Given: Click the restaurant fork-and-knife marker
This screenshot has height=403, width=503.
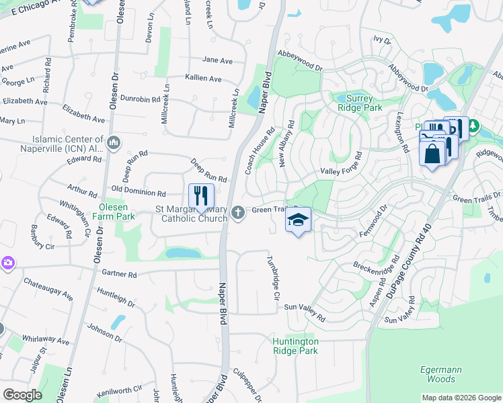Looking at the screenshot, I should tap(201, 197).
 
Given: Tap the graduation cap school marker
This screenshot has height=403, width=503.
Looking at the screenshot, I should tap(299, 220).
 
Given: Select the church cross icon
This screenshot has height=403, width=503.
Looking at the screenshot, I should tap(237, 214).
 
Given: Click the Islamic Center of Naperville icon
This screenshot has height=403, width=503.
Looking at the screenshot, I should tap(113, 142).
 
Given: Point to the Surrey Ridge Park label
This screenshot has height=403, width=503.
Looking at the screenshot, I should tap(358, 103).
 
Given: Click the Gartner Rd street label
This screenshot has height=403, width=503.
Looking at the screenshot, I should tap(119, 274).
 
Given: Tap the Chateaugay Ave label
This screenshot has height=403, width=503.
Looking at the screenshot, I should tap(48, 287).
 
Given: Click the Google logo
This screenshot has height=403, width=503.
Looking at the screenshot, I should tap(22, 394).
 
